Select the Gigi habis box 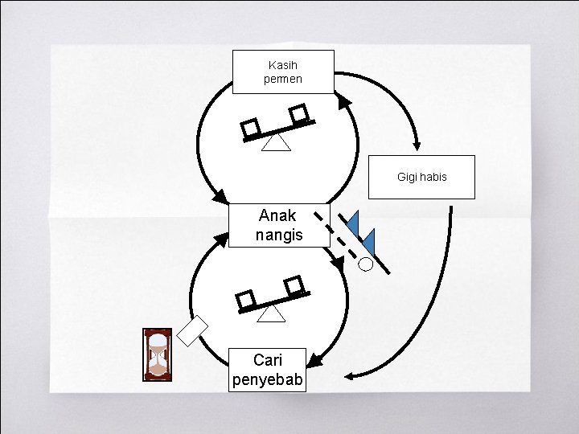[421, 177]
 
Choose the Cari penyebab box [268, 370]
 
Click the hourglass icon [158, 354]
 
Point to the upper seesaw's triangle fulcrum [277, 142]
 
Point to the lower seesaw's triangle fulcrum [271, 313]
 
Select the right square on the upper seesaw [299, 114]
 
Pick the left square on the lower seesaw [247, 300]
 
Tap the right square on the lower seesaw [294, 284]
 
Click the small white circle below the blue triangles [366, 263]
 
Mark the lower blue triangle [368, 240]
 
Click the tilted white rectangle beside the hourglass [192, 330]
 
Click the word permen [283, 80]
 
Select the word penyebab [268, 379]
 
